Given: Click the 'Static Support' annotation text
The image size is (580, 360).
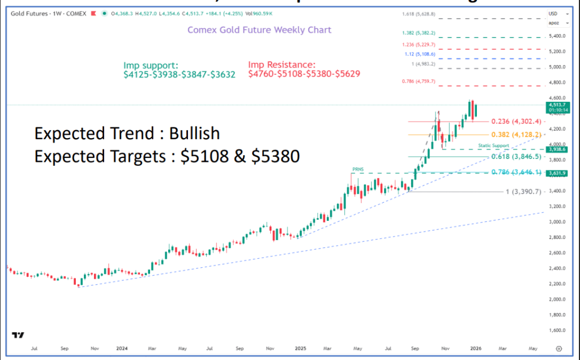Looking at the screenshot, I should (494, 145).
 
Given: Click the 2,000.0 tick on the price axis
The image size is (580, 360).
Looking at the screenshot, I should (557, 299).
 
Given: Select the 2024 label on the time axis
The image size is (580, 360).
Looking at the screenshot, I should (122, 349).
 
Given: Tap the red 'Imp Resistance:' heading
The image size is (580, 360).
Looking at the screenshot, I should (282, 65).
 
